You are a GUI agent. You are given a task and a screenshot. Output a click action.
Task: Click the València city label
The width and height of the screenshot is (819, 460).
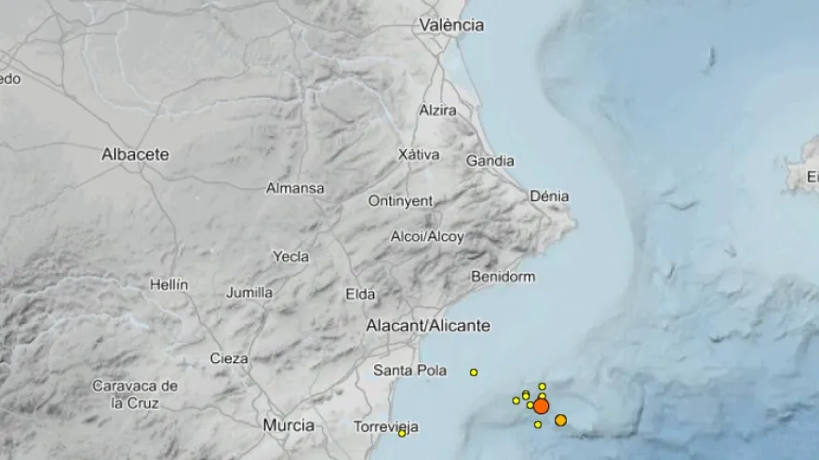pyautogui.click(x=451, y=25)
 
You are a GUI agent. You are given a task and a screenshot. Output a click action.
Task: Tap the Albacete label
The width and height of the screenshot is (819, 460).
pyautogui.click(x=135, y=155)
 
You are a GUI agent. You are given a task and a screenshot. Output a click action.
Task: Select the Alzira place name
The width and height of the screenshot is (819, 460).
pyautogui.click(x=437, y=110)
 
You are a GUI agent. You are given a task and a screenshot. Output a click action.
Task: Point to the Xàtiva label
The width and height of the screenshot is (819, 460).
pyautogui.click(x=418, y=154)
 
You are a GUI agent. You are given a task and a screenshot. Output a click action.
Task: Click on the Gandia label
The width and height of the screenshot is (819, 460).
pyautogui.click(x=490, y=161)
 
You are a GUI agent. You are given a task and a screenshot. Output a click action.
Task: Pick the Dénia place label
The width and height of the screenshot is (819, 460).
pyautogui.click(x=548, y=196)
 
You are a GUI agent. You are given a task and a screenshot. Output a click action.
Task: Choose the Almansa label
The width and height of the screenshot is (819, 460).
pyautogui.click(x=295, y=188)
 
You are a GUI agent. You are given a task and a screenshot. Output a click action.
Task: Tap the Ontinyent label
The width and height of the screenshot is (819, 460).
pyautogui.click(x=400, y=200)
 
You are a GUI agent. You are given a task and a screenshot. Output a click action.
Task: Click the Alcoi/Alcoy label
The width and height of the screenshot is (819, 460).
pyautogui.click(x=427, y=237)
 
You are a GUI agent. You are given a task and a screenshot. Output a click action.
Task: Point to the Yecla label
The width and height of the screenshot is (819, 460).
pyautogui.click(x=290, y=255)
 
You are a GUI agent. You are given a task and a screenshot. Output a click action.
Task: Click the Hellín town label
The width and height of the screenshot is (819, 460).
pyautogui.click(x=168, y=284)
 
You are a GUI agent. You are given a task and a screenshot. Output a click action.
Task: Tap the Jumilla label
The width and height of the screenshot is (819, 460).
pyautogui.click(x=249, y=292)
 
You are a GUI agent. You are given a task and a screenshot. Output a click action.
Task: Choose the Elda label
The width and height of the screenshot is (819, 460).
pyautogui.click(x=360, y=294)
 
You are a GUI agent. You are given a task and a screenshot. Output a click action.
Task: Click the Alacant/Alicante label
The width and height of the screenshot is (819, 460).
pyautogui.click(x=427, y=326)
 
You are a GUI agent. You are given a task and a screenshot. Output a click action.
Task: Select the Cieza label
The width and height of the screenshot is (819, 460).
pyautogui.click(x=229, y=358)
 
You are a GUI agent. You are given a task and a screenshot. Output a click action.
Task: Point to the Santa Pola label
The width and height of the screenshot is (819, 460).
pyautogui.click(x=409, y=370)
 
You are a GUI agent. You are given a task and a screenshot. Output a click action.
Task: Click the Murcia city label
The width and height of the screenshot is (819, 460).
pyautogui.click(x=288, y=425)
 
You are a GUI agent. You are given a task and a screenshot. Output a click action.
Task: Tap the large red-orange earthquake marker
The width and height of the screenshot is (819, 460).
pyautogui.click(x=541, y=406)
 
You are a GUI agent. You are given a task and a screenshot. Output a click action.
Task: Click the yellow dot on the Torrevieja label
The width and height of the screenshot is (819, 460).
pyautogui.click(x=402, y=432)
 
